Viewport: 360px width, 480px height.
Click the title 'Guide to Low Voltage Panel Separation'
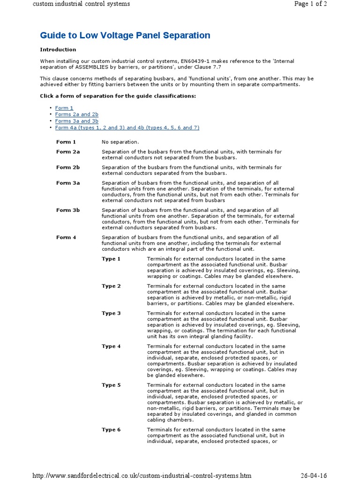[125, 36]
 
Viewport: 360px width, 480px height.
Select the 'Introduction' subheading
[58, 50]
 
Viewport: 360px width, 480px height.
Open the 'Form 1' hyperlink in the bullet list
[64, 108]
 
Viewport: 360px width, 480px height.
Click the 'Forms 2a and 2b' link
[76, 114]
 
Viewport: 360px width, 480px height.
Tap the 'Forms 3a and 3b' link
[76, 121]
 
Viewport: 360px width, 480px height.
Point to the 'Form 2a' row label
[68, 152]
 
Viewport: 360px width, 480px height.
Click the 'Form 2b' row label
[68, 167]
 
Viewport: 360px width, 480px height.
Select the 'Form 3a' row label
[68, 183]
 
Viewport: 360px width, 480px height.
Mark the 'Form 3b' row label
[68, 210]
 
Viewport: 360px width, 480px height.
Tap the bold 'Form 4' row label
[66, 238]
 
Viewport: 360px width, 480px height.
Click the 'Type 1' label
[111, 259]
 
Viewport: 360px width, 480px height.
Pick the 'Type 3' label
[111, 313]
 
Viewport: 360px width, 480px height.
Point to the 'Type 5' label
[111, 385]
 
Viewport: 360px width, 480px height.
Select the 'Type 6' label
[111, 430]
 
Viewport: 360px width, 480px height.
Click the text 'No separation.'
[120, 142]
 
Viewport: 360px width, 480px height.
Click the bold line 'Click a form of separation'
[118, 96]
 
